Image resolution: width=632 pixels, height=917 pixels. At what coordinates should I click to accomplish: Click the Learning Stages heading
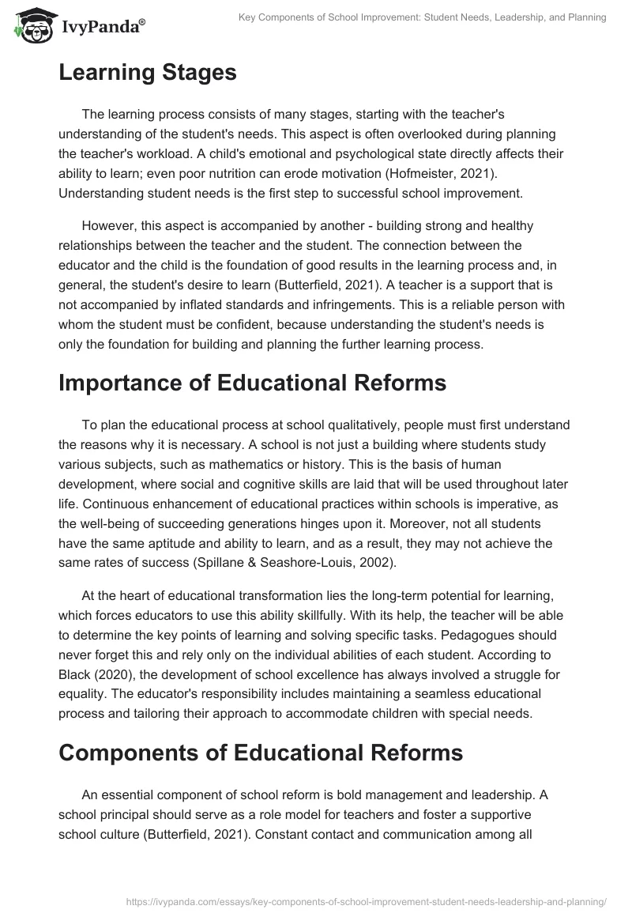pyautogui.click(x=147, y=73)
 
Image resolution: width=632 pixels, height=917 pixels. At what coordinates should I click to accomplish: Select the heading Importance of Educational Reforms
pyautogui.click(x=252, y=383)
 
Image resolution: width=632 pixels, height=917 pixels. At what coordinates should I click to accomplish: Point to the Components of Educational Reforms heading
pyautogui.click(x=260, y=751)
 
